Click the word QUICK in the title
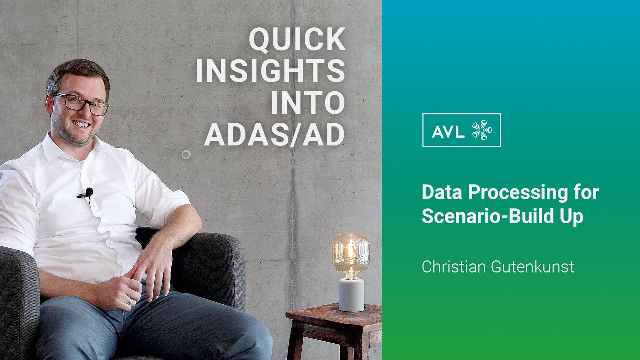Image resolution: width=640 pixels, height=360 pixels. [x=297, y=40]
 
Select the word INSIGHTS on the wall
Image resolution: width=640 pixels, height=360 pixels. [x=270, y=71]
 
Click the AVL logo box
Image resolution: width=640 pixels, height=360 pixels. [x=461, y=130]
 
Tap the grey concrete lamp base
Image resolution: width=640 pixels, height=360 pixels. [x=351, y=295]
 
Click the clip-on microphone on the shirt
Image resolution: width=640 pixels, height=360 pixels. [x=88, y=192]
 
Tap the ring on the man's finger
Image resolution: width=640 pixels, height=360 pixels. [x=129, y=301]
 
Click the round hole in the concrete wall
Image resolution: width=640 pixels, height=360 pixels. [x=186, y=154]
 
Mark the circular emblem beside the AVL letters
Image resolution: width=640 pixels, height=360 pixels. [x=482, y=130]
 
